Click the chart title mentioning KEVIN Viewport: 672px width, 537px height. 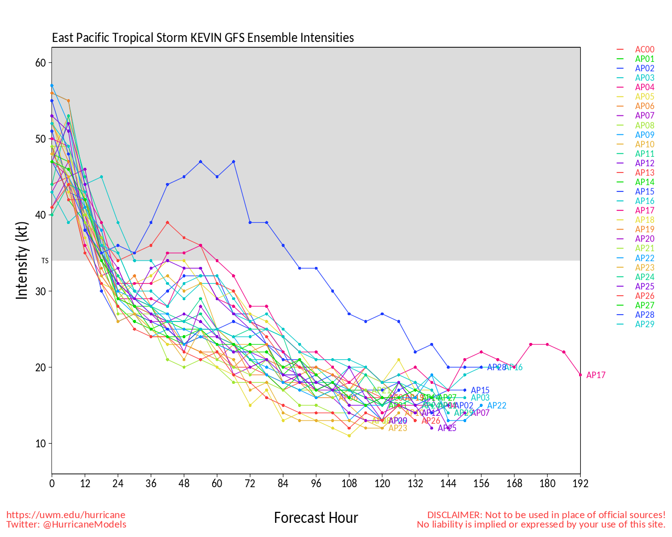pos(203,38)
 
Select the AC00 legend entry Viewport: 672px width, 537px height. pos(644,50)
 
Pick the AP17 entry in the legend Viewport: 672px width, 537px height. pos(644,211)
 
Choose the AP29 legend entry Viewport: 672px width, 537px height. pos(644,325)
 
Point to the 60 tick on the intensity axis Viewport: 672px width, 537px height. pos(40,63)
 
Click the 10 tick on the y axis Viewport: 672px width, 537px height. pos(40,444)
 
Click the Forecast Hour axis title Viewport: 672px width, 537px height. pos(316,518)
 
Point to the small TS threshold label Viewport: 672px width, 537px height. pos(45,261)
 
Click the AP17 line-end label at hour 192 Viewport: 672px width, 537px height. pos(596,375)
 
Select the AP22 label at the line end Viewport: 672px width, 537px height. pos(497,406)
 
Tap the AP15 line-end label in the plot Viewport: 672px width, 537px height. pos(480,391)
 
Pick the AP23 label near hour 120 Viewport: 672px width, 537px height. pos(397,428)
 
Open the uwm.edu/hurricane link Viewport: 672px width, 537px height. pos(66,515)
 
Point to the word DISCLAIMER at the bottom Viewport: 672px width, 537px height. pos(454,515)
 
